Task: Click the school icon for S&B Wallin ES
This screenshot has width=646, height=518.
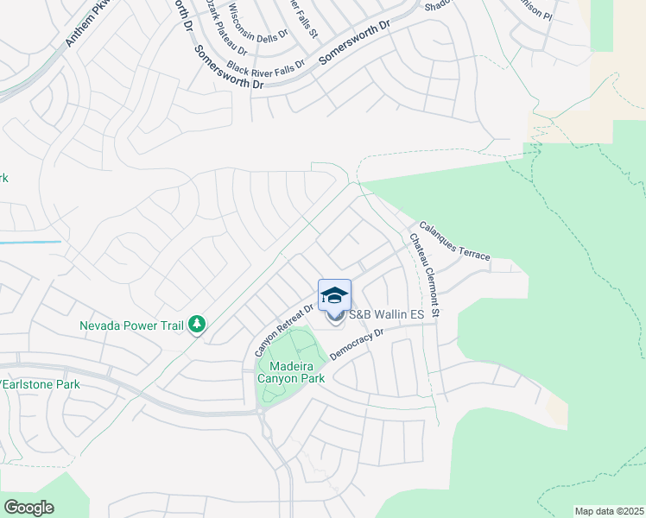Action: pyautogui.click(x=335, y=296)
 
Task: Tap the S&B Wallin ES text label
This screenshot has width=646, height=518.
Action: pyautogui.click(x=386, y=315)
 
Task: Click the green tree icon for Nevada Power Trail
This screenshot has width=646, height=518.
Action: pyautogui.click(x=199, y=325)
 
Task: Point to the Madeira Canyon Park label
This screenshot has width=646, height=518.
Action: pyautogui.click(x=290, y=371)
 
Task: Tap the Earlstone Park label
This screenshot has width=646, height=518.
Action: pyautogui.click(x=41, y=384)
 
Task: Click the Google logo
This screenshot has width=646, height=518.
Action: pyautogui.click(x=28, y=508)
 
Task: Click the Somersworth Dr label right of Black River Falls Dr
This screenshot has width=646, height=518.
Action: pyautogui.click(x=353, y=46)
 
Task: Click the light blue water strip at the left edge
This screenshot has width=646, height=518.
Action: pyautogui.click(x=30, y=242)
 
